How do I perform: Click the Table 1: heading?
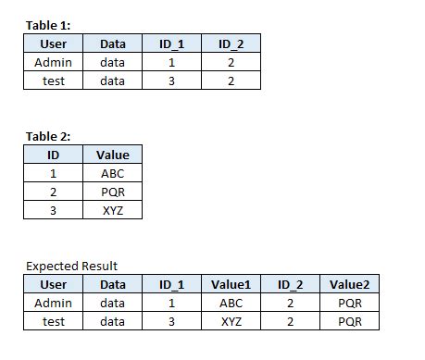(x=48, y=25)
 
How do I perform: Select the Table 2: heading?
(x=48, y=136)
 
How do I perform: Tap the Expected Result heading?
(x=71, y=266)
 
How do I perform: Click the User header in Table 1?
(x=54, y=43)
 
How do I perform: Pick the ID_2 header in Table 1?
(x=231, y=43)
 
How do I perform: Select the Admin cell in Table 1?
(x=54, y=62)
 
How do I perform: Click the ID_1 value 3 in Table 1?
(x=171, y=81)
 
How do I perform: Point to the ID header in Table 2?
(x=54, y=155)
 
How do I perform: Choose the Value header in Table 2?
(x=113, y=155)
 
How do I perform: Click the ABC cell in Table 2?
(x=113, y=173)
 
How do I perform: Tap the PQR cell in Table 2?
(x=113, y=192)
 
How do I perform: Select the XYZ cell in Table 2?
(x=113, y=210)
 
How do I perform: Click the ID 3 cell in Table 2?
(x=54, y=210)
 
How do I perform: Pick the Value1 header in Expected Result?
(x=231, y=284)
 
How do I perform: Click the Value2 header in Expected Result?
(x=349, y=284)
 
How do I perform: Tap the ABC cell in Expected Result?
(x=231, y=303)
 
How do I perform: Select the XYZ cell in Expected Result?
(x=231, y=321)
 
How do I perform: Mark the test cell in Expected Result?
(x=54, y=321)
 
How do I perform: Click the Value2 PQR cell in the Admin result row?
(x=349, y=303)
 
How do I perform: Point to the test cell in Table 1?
(x=54, y=81)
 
